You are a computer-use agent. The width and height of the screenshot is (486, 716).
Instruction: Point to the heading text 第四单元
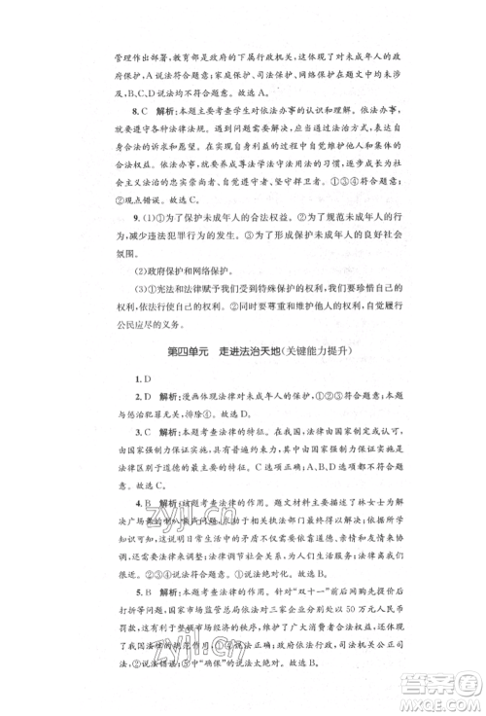click(188, 350)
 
